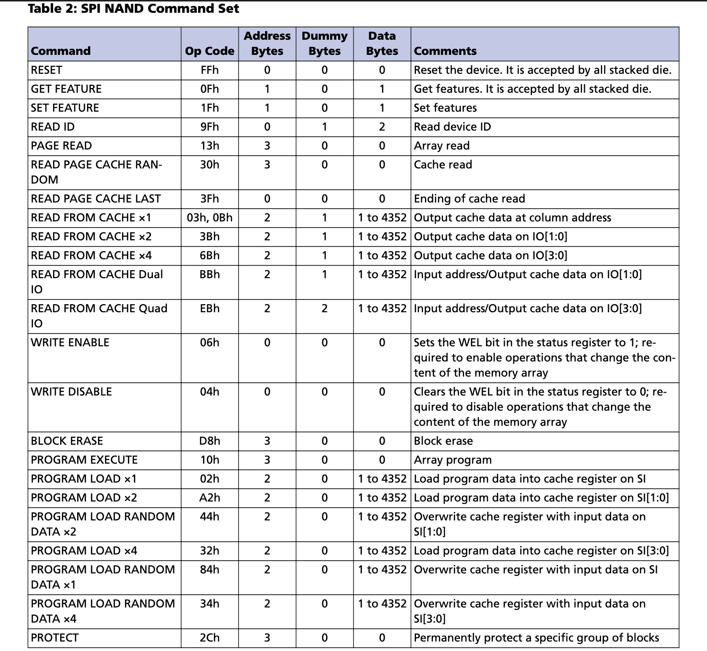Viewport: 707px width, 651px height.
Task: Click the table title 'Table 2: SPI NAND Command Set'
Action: pos(133,9)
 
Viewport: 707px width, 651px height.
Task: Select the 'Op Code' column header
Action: pos(210,51)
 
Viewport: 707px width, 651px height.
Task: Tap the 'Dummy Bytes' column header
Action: pos(325,44)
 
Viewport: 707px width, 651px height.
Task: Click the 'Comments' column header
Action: pos(445,51)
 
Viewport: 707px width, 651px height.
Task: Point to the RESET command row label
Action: pos(46,70)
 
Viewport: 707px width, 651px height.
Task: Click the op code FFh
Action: pos(210,70)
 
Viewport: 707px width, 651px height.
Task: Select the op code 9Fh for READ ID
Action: pos(210,127)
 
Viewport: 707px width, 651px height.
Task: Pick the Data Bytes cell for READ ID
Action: pos(382,127)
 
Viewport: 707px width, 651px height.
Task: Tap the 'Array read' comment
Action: pos(442,146)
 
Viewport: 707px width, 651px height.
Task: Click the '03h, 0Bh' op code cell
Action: pos(210,218)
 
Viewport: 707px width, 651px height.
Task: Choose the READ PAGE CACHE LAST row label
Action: pos(96,199)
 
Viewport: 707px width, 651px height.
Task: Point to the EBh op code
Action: pos(210,308)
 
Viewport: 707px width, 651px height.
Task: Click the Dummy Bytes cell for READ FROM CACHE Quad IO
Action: pos(325,308)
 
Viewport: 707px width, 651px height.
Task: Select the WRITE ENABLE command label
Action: pos(70,343)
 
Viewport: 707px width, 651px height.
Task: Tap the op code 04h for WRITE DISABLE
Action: pos(210,392)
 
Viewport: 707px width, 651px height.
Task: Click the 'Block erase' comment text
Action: pos(443,441)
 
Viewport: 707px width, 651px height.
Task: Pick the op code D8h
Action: pos(210,441)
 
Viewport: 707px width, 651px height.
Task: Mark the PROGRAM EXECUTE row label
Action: pos(84,460)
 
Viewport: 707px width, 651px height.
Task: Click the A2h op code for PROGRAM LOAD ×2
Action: pos(210,498)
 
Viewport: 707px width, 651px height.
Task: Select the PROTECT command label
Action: pos(54,638)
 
